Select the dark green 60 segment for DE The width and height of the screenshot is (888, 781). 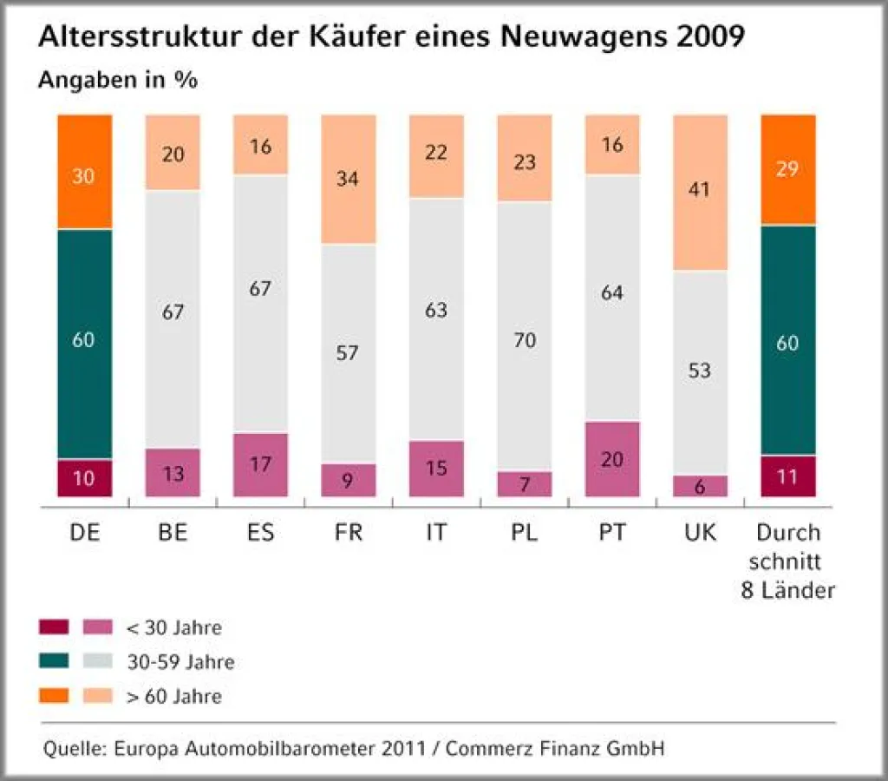click(x=85, y=344)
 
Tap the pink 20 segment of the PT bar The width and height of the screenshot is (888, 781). click(x=611, y=459)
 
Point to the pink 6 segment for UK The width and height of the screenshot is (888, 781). click(x=700, y=486)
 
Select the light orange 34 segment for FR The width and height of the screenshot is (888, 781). click(x=349, y=179)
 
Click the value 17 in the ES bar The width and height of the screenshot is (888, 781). click(x=260, y=464)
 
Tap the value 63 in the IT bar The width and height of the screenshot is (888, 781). click(x=436, y=309)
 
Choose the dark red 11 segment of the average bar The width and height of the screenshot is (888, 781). click(x=788, y=476)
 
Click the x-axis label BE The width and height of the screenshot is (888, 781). click(x=173, y=533)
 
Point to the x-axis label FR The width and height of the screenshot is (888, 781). click(x=349, y=533)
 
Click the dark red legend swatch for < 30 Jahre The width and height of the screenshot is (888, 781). click(x=54, y=627)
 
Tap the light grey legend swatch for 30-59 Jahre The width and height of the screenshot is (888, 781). click(x=97, y=662)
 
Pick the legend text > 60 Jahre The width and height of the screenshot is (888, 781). click(x=174, y=697)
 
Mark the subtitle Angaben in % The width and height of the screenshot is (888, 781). click(x=118, y=81)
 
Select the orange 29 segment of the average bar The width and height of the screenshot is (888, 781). click(x=788, y=169)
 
